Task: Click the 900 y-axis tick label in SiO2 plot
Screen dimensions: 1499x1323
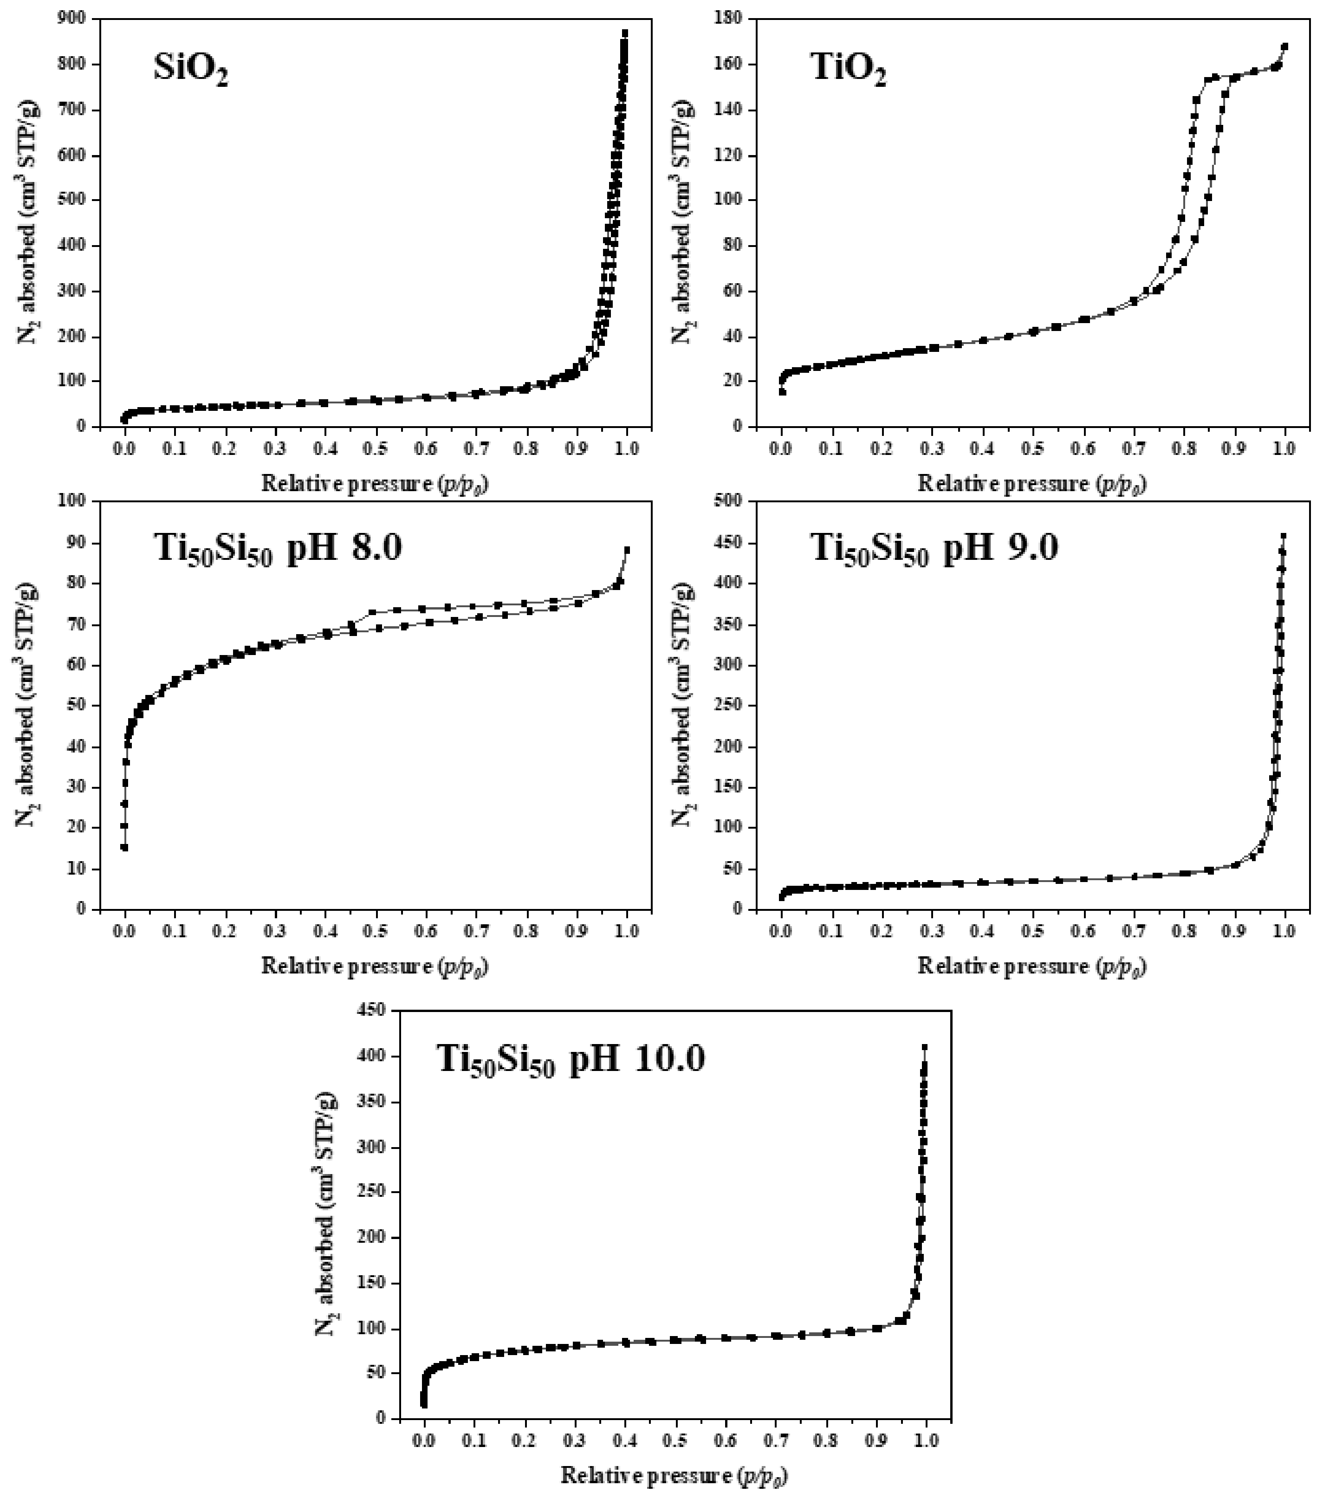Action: click(x=73, y=18)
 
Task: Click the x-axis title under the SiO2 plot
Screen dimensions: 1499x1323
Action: click(x=375, y=484)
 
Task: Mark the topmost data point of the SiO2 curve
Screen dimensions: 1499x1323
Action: click(x=625, y=33)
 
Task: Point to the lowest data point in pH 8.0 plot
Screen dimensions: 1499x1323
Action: click(x=125, y=848)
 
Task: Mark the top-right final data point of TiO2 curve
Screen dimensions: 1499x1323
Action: click(x=1284, y=47)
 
